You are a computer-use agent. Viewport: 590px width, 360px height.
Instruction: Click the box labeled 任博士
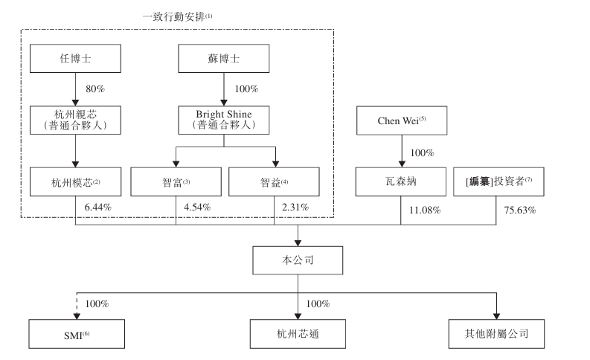pyautogui.click(x=75, y=58)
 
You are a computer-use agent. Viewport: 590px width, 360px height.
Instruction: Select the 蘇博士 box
pyautogui.click(x=223, y=58)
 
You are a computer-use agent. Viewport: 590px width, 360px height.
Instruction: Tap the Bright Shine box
pyautogui.click(x=223, y=120)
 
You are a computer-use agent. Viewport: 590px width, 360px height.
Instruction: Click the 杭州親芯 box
pyautogui.click(x=75, y=120)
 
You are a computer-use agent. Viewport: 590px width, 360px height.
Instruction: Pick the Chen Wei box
pyautogui.click(x=402, y=120)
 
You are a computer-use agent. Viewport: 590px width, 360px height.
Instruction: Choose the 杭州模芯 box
pyautogui.click(x=75, y=181)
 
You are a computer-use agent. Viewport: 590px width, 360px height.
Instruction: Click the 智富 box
pyautogui.click(x=176, y=181)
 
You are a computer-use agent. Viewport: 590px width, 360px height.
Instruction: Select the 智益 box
pyautogui.click(x=274, y=181)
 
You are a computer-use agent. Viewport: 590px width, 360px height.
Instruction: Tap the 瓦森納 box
pyautogui.click(x=401, y=181)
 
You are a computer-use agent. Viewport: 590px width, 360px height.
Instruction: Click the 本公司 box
pyautogui.click(x=298, y=260)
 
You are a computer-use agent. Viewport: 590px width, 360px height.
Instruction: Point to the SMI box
pyautogui.click(x=77, y=334)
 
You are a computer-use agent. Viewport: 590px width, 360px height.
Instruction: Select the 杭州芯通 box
pyautogui.click(x=298, y=334)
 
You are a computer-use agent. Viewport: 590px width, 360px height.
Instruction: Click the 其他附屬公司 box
pyautogui.click(x=496, y=334)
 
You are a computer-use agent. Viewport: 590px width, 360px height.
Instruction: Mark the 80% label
pyautogui.click(x=95, y=89)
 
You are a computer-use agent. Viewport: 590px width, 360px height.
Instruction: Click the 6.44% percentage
pyautogui.click(x=97, y=208)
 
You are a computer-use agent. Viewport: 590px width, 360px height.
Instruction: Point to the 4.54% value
pyautogui.click(x=197, y=208)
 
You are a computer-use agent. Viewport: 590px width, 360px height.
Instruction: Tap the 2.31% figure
pyautogui.click(x=295, y=208)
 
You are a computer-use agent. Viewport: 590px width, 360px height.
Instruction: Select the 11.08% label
pyautogui.click(x=425, y=210)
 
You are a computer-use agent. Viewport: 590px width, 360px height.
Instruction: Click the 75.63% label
pyautogui.click(x=520, y=210)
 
